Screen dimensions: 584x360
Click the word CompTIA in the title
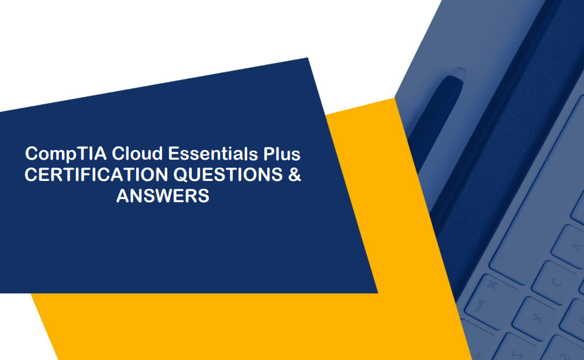[66, 154]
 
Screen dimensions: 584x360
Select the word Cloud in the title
[137, 153]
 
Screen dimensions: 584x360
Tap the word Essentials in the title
[212, 153]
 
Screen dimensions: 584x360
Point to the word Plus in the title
[282, 153]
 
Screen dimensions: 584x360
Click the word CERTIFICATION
[96, 175]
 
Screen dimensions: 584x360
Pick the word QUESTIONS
[228, 175]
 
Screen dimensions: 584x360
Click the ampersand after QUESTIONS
[294, 175]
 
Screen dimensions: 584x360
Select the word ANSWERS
[163, 196]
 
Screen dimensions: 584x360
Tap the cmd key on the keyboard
[484, 298]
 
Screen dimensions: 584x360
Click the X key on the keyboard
[537, 318]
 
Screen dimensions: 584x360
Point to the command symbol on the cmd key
[492, 285]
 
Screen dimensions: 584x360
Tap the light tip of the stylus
[458, 72]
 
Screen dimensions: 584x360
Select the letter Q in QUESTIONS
[182, 175]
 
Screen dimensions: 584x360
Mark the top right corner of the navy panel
[308, 58]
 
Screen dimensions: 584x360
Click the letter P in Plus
[268, 153]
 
